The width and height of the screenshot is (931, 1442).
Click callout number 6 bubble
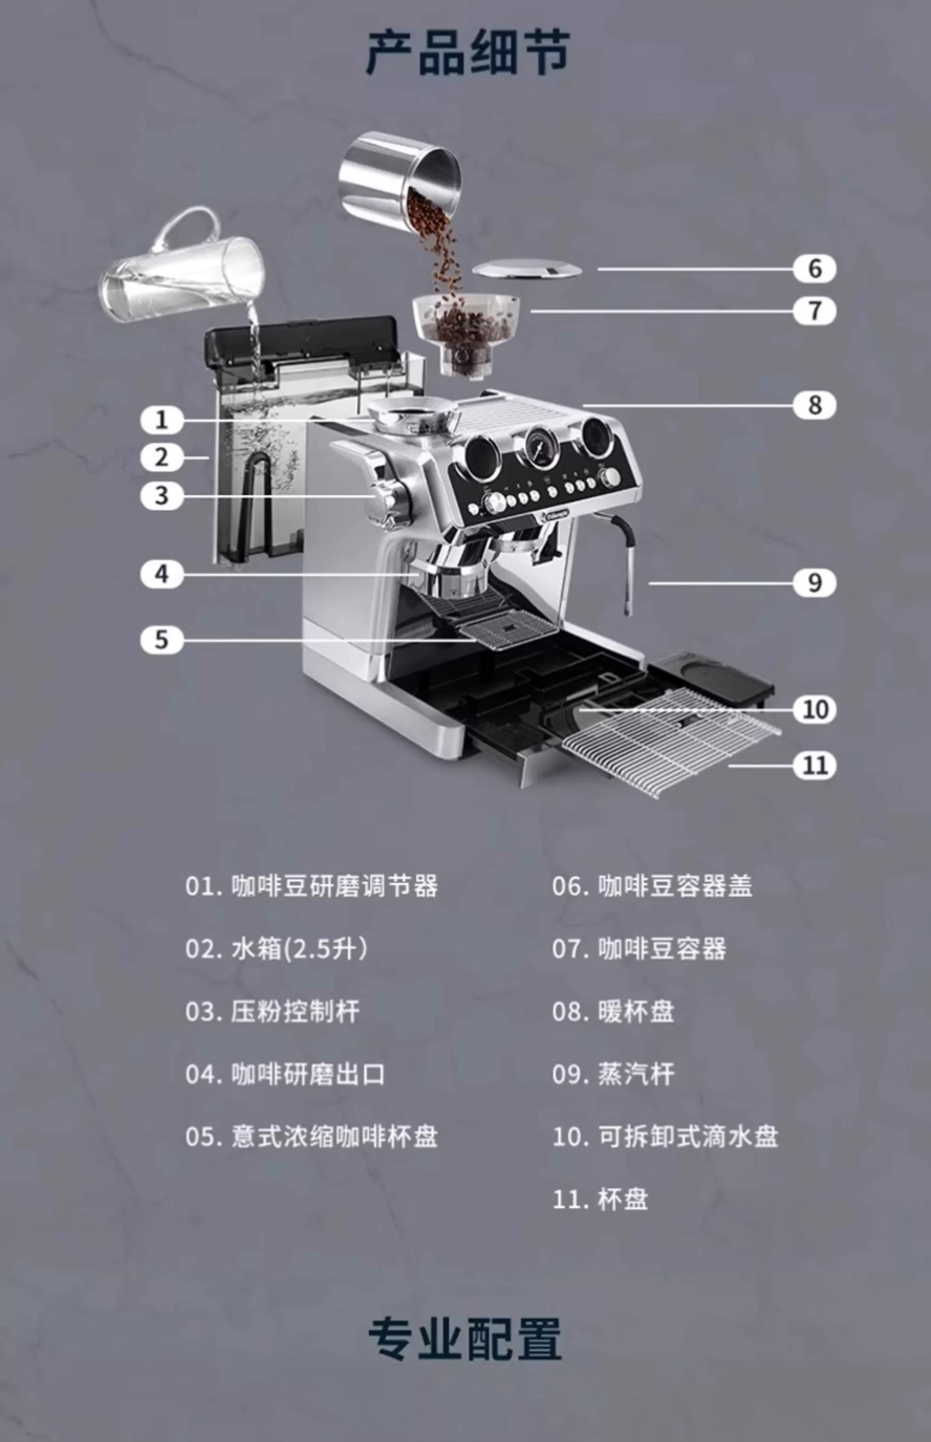click(x=815, y=268)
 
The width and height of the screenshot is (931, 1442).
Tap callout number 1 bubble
click(x=161, y=419)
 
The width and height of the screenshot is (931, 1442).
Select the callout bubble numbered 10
click(x=815, y=709)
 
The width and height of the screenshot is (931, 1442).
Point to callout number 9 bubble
click(x=815, y=583)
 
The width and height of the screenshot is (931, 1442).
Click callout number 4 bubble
click(x=161, y=574)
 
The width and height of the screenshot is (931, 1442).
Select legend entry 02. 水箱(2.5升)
click(x=276, y=949)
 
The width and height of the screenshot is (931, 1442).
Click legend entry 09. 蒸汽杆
click(x=613, y=1074)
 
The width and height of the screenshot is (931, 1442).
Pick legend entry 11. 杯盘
click(x=600, y=1199)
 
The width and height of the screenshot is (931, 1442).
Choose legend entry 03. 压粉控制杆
click(x=273, y=1011)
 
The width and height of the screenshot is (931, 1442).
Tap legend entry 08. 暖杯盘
click(x=613, y=1011)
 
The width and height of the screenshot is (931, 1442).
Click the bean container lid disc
click(x=527, y=269)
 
